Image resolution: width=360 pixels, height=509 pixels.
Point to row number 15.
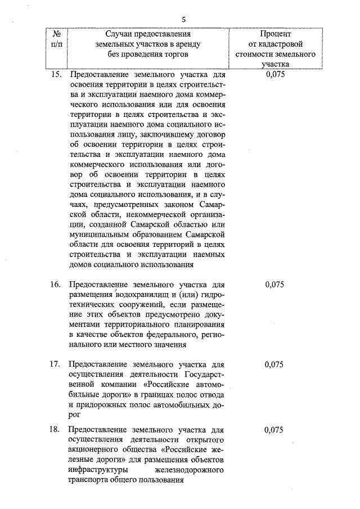pos(55,74)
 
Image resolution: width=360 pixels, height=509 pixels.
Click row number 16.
pos(55,285)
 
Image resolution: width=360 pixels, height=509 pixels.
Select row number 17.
pos(55,364)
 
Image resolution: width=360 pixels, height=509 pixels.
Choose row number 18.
pos(55,430)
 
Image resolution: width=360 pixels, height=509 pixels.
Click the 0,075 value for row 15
pos(273,74)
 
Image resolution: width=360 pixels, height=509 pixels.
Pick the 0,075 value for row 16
pos(273,285)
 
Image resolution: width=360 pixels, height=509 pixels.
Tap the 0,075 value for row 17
pos(273,364)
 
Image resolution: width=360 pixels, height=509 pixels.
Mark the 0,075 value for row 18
pos(273,430)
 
